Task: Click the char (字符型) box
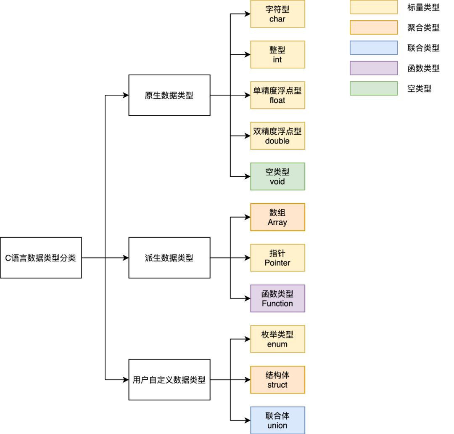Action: click(x=277, y=14)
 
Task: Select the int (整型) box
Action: click(x=277, y=55)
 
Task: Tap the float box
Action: click(x=277, y=95)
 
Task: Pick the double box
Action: click(x=277, y=136)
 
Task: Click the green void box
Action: click(x=277, y=177)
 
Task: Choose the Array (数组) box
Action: click(x=277, y=217)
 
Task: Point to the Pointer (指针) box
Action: click(x=277, y=258)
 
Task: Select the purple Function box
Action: click(x=277, y=298)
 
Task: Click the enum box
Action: click(x=277, y=339)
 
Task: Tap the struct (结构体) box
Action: click(x=277, y=380)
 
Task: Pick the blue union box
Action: click(x=277, y=420)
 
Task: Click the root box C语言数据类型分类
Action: click(x=41, y=258)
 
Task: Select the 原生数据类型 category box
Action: click(x=169, y=95)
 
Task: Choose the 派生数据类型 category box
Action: click(x=169, y=258)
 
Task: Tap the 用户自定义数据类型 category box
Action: click(x=169, y=380)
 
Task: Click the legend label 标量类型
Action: click(x=424, y=7)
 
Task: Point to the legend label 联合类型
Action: click(x=424, y=48)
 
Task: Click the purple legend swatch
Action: click(x=374, y=68)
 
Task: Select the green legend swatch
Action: click(x=374, y=88)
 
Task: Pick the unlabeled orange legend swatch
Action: click(x=374, y=27)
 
